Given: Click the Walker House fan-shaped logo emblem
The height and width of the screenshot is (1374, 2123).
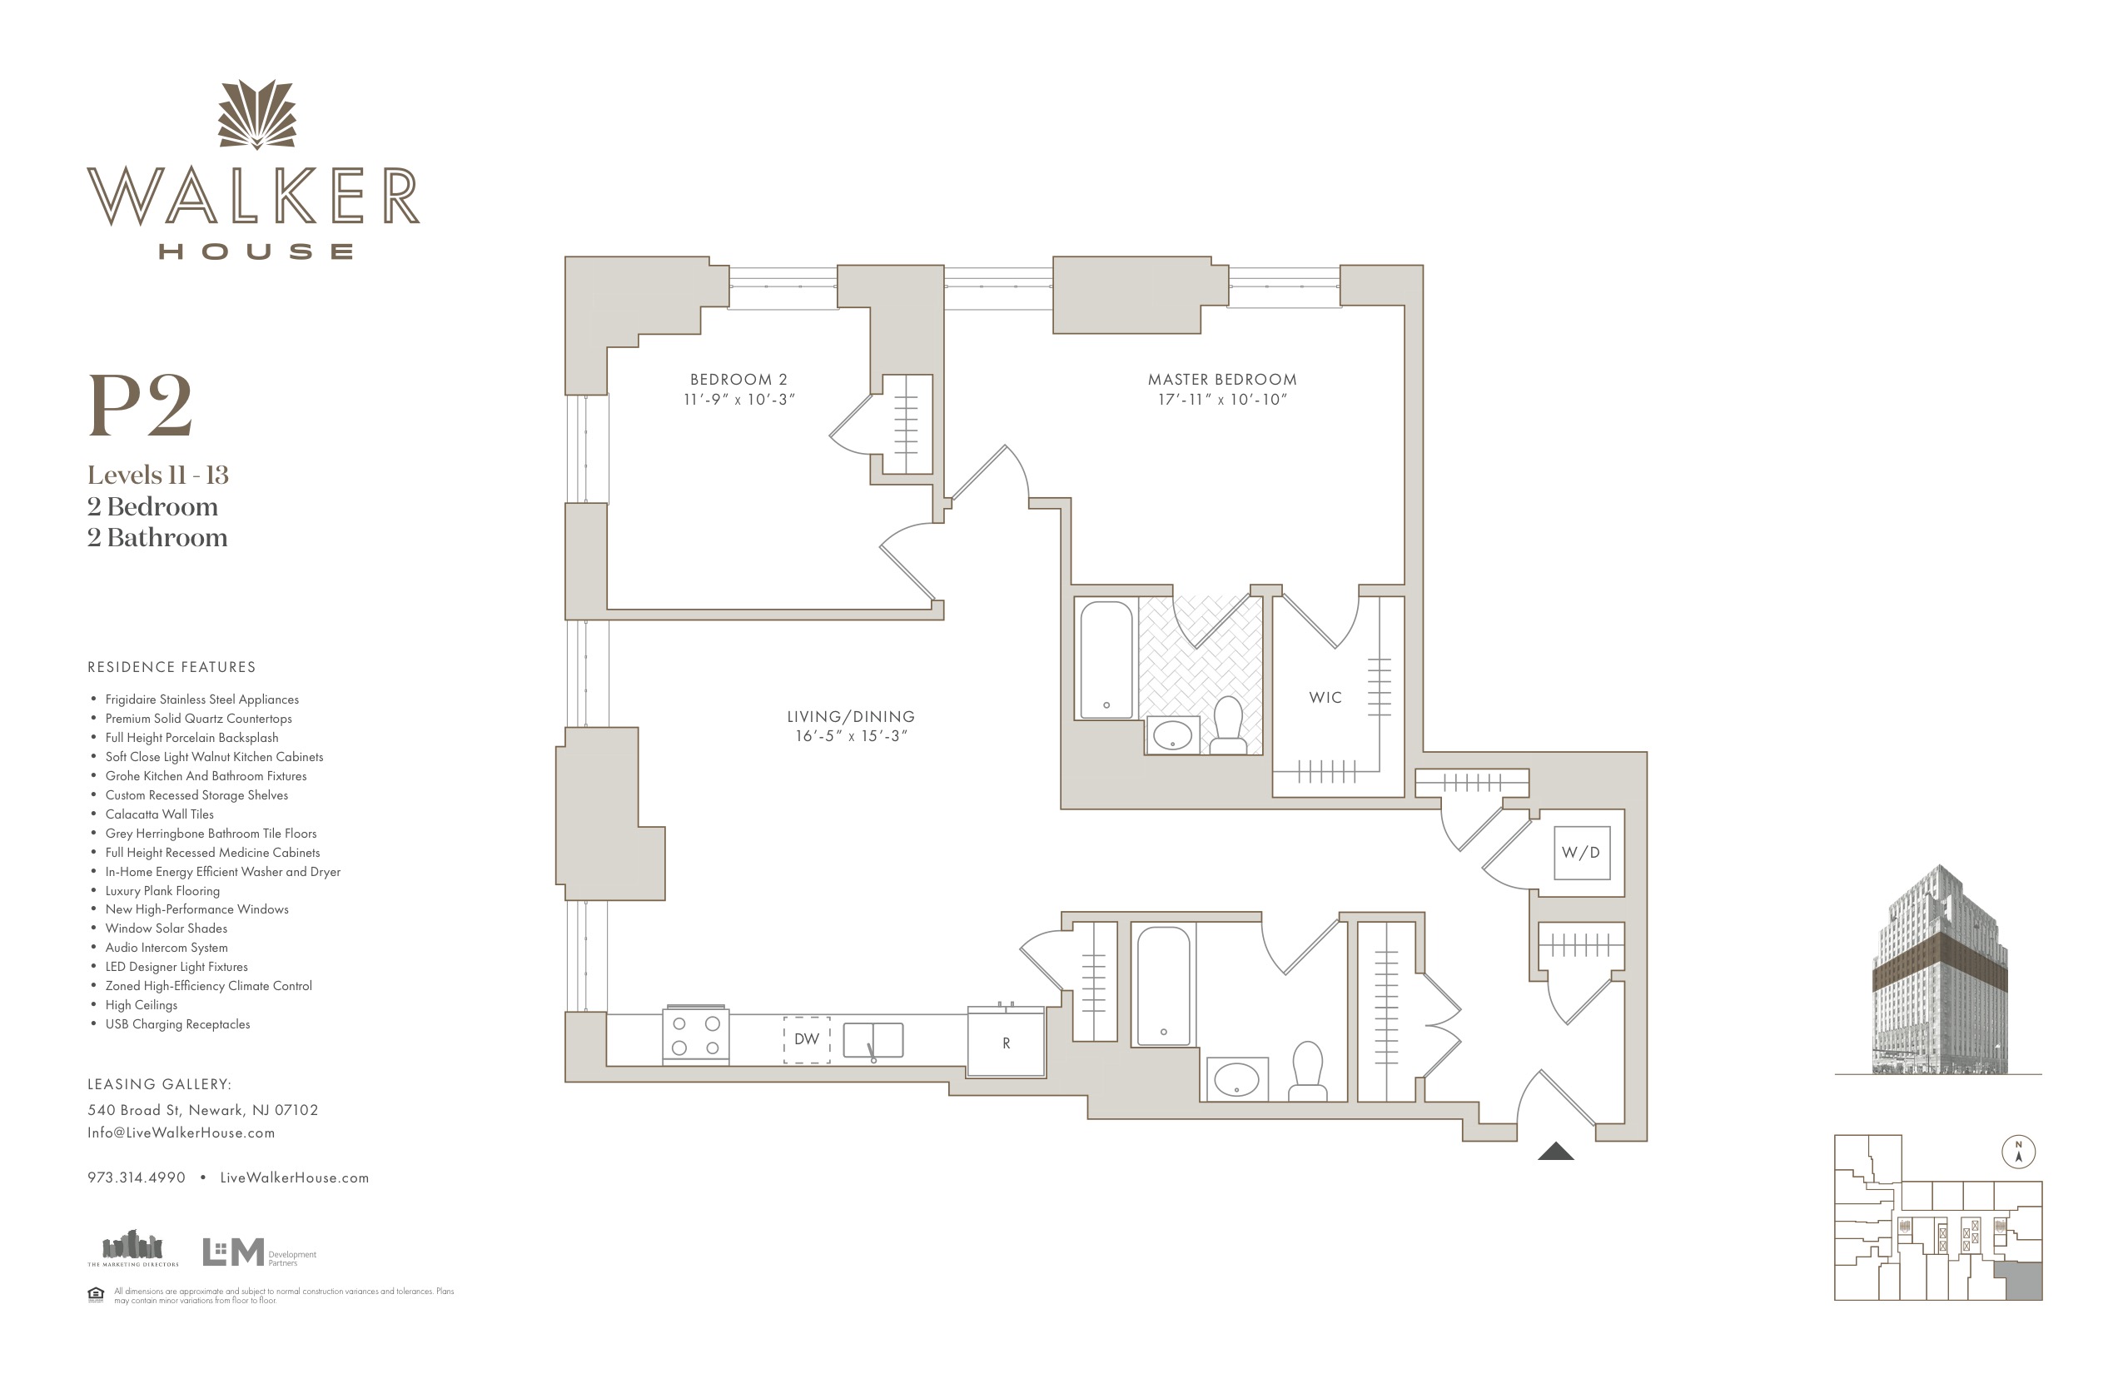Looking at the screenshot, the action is pos(257,115).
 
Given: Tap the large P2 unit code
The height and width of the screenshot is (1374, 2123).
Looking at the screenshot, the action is pos(140,406).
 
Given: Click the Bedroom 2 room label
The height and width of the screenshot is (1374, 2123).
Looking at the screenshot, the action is pos(738,379).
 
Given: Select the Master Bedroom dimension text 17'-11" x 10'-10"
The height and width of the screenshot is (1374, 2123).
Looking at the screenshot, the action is pos(1222,400).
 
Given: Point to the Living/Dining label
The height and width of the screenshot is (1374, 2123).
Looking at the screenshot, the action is pos(851,716).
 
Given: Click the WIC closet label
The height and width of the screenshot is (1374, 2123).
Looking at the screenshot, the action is pos(1325,698).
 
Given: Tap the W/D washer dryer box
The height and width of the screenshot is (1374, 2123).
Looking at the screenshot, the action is pos(1581,853).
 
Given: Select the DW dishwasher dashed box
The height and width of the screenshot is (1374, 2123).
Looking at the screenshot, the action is pos(807,1039).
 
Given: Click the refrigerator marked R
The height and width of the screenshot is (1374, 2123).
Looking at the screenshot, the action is pos(1007,1041).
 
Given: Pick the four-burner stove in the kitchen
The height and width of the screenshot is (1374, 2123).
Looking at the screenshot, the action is pos(696,1036).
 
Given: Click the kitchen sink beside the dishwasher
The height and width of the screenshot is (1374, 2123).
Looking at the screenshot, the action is pos(873,1040).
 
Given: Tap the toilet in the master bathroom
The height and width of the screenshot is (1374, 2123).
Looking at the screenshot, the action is pos(1228,725).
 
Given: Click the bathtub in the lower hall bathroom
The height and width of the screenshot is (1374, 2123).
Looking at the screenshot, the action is pos(1163,986).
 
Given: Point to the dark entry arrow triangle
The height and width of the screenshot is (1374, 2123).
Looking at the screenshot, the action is pos(1556,1151).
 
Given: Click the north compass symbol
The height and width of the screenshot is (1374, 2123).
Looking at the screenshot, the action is pos(2019,1152).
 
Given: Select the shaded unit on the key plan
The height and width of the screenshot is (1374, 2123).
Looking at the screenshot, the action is pos(2018,1282).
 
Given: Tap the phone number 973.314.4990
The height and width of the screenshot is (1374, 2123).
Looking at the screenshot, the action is pos(137,1177).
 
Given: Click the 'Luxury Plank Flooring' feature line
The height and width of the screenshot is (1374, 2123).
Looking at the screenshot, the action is pos(162,890).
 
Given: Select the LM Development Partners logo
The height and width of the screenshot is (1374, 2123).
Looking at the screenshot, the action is pos(260,1252).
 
